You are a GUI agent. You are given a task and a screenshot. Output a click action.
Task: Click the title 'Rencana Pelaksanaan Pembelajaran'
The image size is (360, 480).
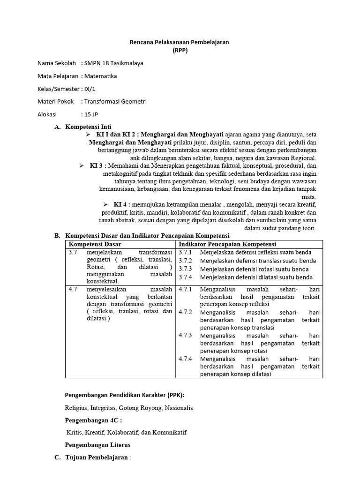[179, 42]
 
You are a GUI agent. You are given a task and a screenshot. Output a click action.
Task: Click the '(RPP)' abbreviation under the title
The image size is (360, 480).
[180, 51]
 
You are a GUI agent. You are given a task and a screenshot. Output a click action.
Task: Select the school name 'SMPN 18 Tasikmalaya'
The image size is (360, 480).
[113, 63]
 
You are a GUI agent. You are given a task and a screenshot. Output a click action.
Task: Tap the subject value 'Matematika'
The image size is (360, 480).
[100, 76]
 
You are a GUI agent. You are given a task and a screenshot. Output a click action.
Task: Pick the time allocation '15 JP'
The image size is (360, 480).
[91, 114]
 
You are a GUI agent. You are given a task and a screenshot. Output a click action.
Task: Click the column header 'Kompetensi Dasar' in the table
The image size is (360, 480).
[95, 244]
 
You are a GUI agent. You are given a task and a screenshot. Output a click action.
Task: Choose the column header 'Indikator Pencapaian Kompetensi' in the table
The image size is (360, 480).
[227, 244]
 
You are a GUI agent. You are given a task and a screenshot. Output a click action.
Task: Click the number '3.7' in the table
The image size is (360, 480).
[73, 252]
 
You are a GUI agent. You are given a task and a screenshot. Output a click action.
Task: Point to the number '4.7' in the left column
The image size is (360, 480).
[73, 289]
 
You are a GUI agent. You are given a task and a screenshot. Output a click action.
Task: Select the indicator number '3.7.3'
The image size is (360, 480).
[186, 269]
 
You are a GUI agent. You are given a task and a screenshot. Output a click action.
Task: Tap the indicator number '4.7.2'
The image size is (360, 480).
[186, 312]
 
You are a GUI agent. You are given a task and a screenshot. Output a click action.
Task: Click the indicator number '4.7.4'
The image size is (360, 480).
[186, 359]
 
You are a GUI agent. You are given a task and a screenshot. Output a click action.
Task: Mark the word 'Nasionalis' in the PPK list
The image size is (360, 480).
[178, 408]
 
